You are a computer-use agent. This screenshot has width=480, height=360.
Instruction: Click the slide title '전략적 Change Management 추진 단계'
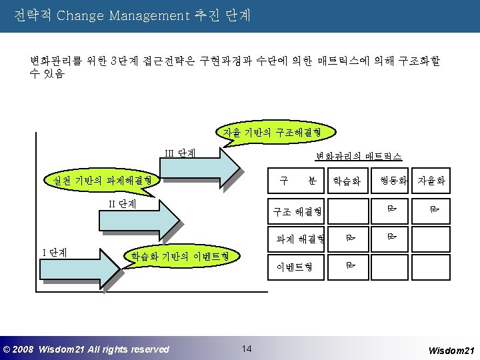click(x=132, y=15)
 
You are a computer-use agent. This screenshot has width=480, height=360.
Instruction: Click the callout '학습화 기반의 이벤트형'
click(x=180, y=255)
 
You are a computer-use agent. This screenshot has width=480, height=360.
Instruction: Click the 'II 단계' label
click(x=123, y=203)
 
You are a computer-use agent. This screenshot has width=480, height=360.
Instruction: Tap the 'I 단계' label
click(x=55, y=252)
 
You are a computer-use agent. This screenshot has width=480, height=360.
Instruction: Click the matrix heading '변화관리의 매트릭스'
click(x=359, y=156)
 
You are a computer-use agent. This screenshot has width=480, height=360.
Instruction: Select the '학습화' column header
click(x=346, y=181)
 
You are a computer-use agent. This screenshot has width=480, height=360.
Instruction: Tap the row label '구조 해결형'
click(x=297, y=212)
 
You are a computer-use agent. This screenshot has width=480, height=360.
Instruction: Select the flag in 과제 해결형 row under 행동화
click(x=392, y=235)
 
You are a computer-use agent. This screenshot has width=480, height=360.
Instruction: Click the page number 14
click(x=246, y=349)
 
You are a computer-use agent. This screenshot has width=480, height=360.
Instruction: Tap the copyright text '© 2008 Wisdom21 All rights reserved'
click(x=86, y=349)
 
